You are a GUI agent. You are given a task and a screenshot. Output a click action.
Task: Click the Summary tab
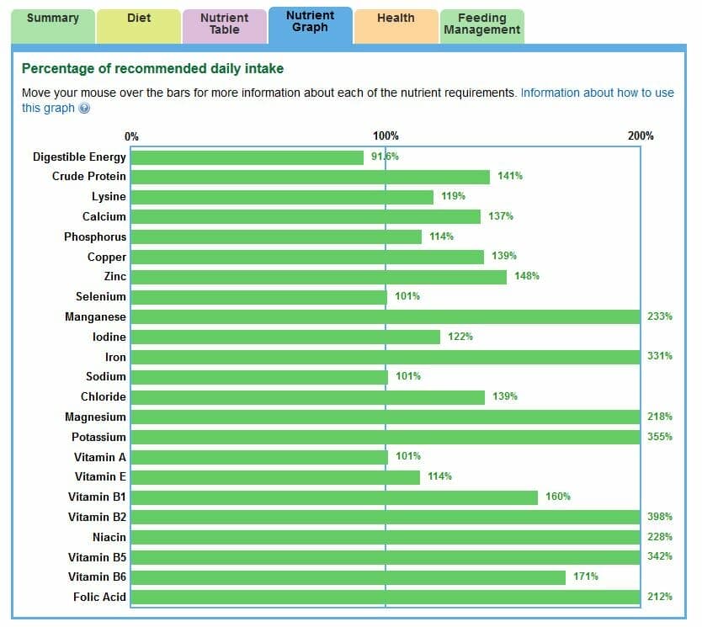pyautogui.click(x=52, y=19)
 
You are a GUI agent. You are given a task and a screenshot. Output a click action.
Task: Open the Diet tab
pyautogui.click(x=139, y=19)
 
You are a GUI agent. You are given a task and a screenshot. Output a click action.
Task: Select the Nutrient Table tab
pyautogui.click(x=225, y=24)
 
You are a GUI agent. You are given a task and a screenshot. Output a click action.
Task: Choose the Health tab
pyautogui.click(x=396, y=19)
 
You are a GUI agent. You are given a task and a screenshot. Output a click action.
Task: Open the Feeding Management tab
pyautogui.click(x=482, y=24)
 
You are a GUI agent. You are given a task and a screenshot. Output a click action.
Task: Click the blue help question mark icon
pyautogui.click(x=84, y=109)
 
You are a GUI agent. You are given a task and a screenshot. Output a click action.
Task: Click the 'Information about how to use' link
pyautogui.click(x=597, y=93)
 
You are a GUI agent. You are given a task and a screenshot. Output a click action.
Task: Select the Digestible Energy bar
pyautogui.click(x=247, y=157)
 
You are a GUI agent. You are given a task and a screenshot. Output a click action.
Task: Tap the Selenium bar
pyautogui.click(x=258, y=297)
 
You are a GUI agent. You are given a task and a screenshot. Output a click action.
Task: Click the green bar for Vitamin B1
pyautogui.click(x=334, y=497)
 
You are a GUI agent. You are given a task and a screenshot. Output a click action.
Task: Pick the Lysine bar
pyautogui.click(x=282, y=197)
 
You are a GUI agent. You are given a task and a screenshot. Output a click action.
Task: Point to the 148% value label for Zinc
pyautogui.click(x=527, y=276)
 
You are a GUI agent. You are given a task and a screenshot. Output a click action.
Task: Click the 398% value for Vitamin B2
pyautogui.click(x=660, y=517)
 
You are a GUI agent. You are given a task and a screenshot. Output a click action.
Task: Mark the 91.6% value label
pyautogui.click(x=385, y=157)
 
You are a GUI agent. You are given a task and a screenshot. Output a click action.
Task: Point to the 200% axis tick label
pyautogui.click(x=641, y=136)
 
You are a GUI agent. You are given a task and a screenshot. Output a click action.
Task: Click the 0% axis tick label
pyautogui.click(x=131, y=136)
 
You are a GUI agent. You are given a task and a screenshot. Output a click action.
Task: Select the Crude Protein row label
pyautogui.click(x=89, y=177)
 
